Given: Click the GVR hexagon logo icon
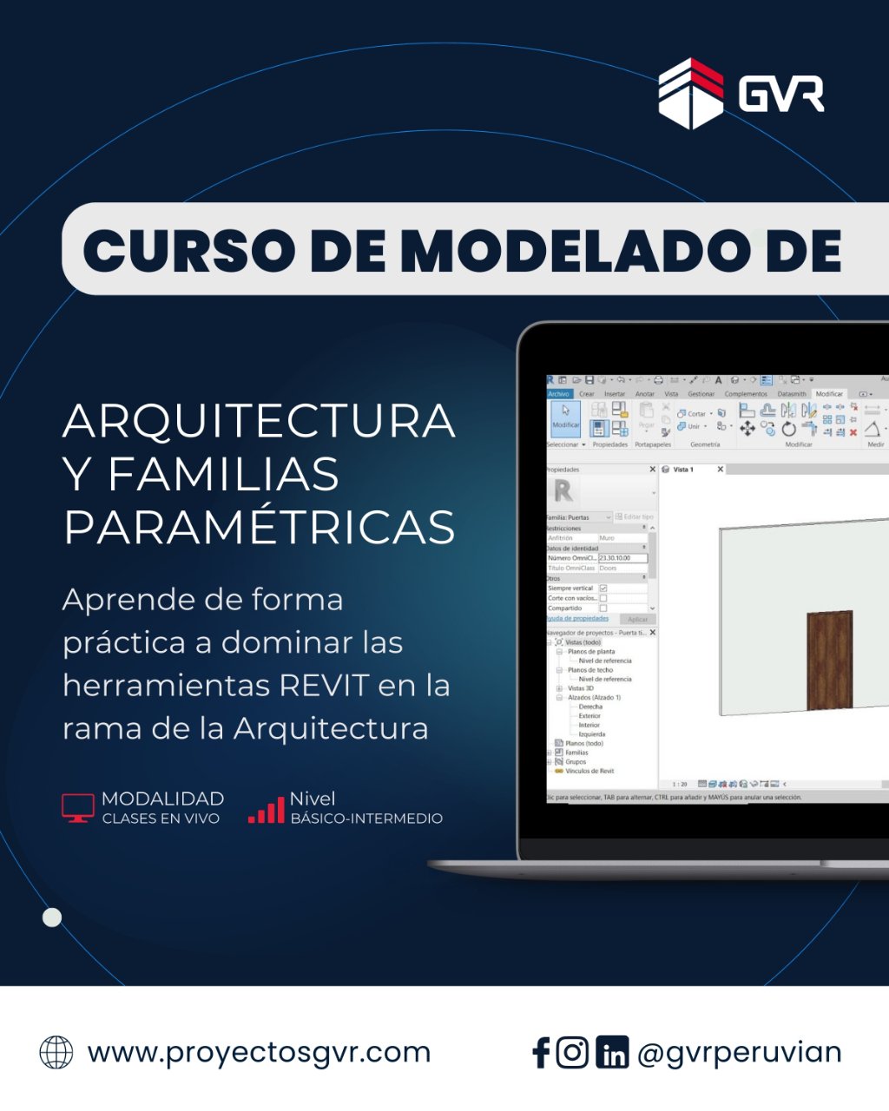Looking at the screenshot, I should point(691,94).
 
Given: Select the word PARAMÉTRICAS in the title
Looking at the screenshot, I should point(259,527).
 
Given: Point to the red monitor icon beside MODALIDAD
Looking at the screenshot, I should point(78,807).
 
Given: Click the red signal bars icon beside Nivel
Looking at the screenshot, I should point(267,810).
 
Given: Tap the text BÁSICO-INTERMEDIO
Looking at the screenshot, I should point(366,818).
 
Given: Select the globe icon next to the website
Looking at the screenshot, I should point(56,1052).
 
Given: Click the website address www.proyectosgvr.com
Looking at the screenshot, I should point(259,1052).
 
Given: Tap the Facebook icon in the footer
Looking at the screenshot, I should point(541,1053).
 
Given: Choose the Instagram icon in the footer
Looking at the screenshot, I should point(572,1052).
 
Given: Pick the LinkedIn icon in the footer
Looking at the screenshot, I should point(612,1054).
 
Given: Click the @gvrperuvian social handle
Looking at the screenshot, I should point(739,1052).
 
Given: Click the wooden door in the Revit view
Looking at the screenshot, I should point(829,660).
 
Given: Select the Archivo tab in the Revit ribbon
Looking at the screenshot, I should point(558,394).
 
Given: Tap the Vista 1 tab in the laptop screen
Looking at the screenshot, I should point(683,470).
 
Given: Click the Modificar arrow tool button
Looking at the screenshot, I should point(566,416).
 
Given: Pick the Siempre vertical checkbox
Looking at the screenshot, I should point(603,588).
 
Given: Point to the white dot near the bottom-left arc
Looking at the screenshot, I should point(52,917).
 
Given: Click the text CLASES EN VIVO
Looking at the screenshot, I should point(161,818).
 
